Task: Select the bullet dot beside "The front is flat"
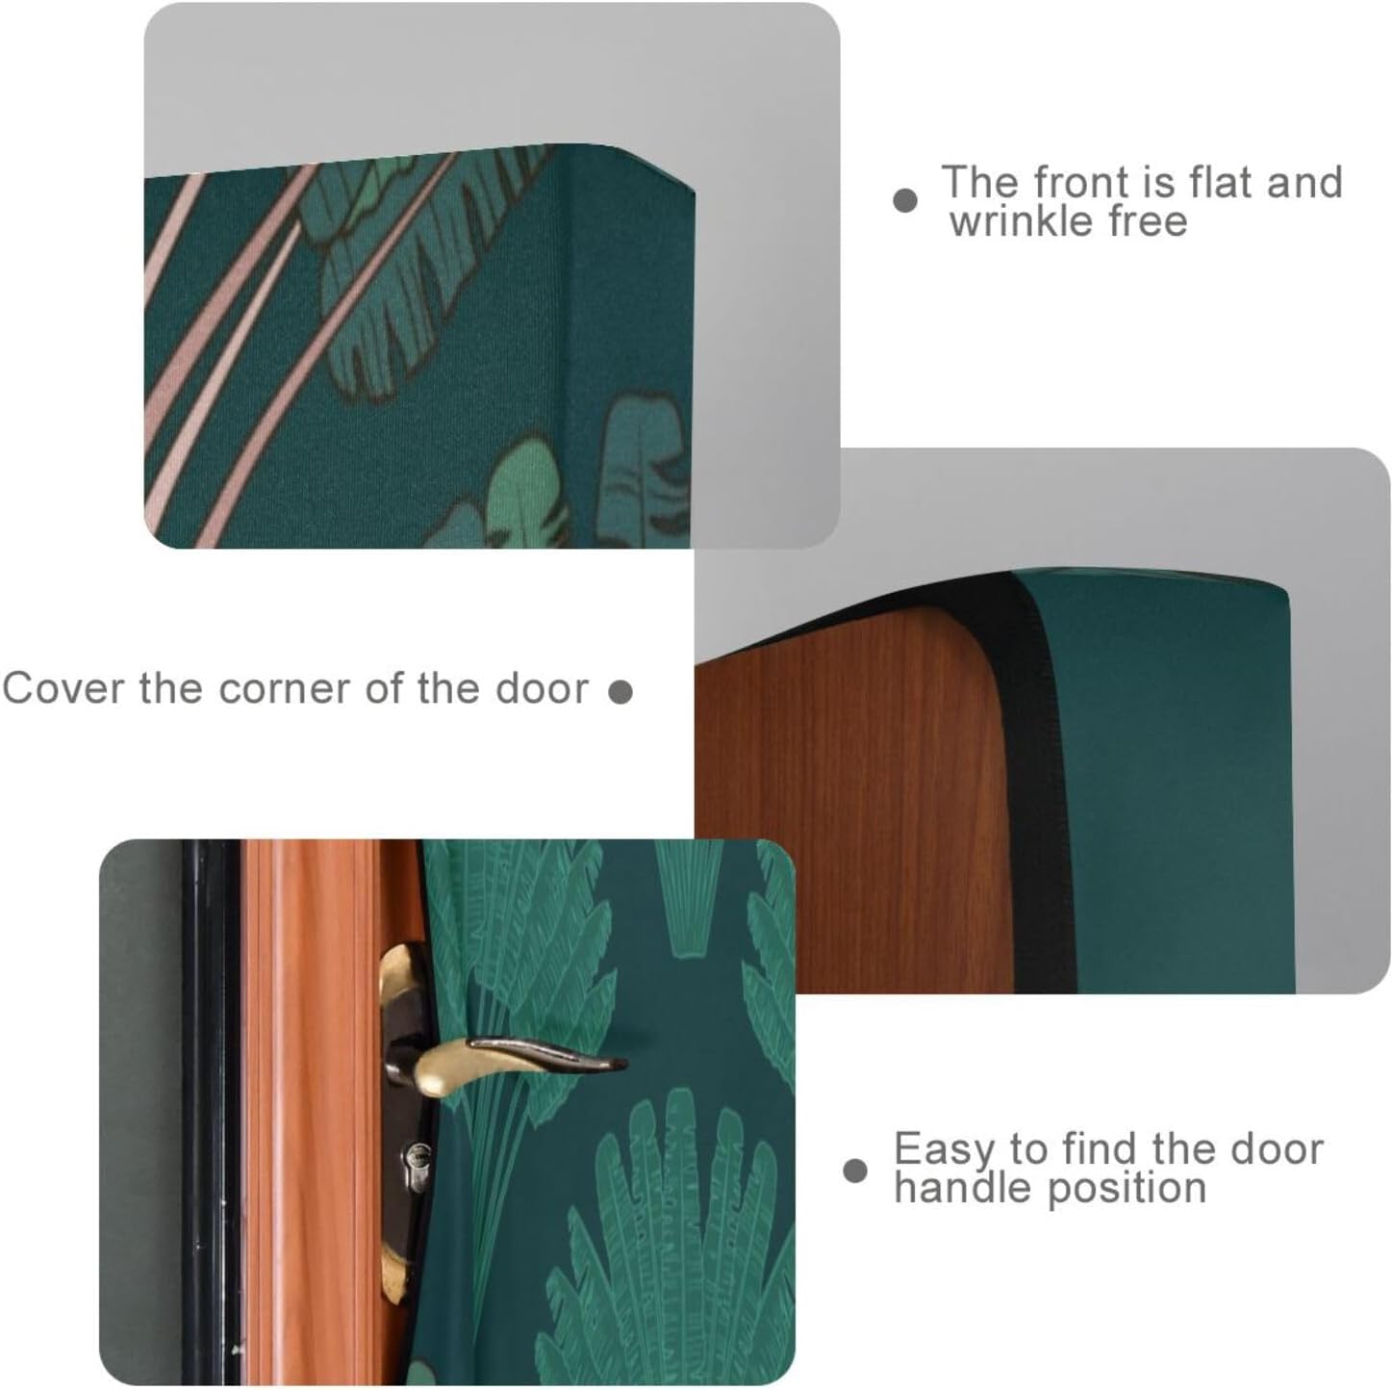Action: (x=904, y=200)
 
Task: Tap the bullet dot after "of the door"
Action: (x=621, y=691)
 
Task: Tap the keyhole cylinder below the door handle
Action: (x=417, y=1154)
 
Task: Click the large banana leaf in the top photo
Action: (x=404, y=289)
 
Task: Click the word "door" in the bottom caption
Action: (x=1279, y=1148)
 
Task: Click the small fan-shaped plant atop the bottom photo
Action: (x=684, y=905)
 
